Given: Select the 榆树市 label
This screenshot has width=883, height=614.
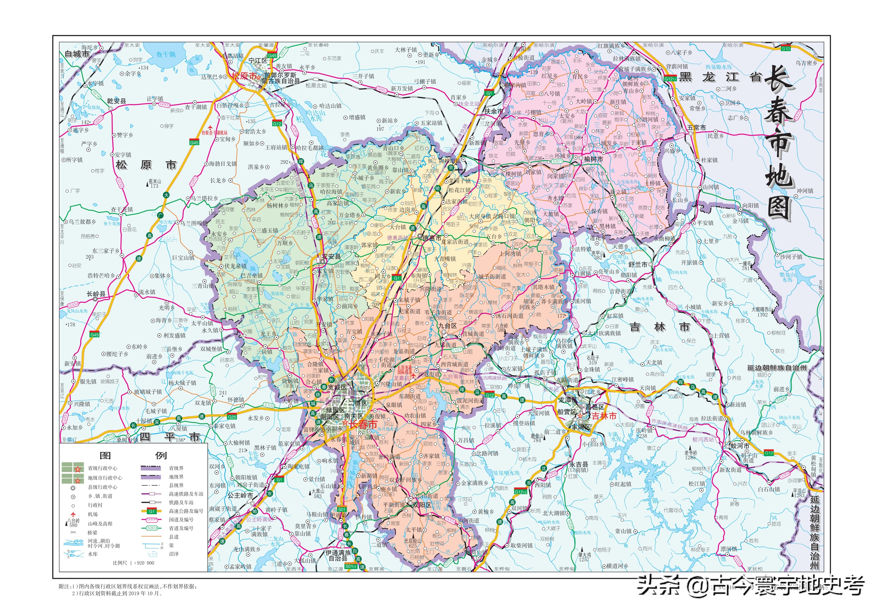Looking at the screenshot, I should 594,159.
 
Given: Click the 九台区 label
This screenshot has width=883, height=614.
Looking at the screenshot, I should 448,326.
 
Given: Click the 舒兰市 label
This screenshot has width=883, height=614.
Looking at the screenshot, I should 638,264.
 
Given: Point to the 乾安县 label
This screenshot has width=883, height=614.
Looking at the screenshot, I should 116,101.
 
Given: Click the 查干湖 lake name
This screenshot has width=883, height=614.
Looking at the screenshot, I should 166,54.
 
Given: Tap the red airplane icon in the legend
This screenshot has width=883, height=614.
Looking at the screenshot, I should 73,514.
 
